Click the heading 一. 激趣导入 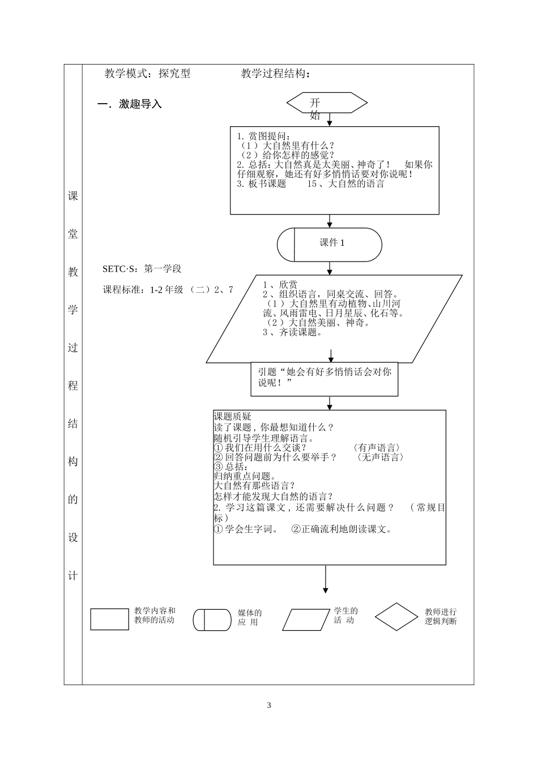(130, 104)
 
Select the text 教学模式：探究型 (147, 74)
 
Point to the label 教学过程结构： (276, 74)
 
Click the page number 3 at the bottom (269, 705)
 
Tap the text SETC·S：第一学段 (142, 269)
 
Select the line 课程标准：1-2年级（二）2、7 (168, 289)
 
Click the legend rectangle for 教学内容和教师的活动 (109, 619)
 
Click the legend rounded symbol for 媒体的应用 (212, 619)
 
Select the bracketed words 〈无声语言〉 (380, 458)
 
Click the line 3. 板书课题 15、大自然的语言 (310, 184)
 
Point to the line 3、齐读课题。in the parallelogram (292, 332)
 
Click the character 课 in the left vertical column (73, 196)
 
